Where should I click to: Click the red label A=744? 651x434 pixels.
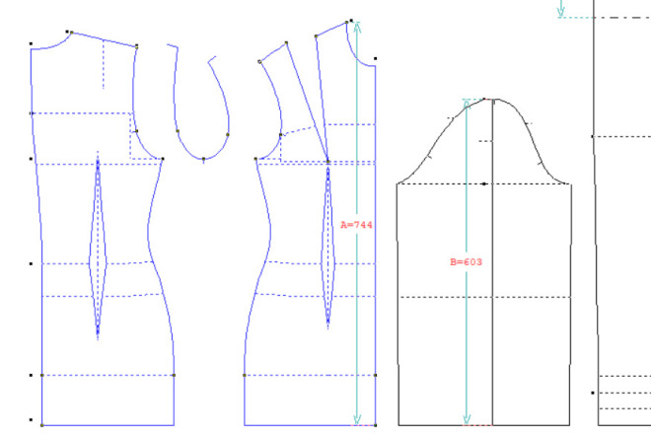(356, 225)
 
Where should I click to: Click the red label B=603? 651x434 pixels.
(466, 262)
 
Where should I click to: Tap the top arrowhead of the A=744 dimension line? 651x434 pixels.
(357, 27)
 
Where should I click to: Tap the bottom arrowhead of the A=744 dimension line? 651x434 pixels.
(357, 419)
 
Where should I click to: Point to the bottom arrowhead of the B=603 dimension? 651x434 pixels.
(467, 419)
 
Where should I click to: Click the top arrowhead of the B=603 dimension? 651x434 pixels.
(467, 105)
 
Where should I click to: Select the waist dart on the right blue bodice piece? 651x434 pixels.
(328, 245)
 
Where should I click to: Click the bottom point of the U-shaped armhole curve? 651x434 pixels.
(203, 159)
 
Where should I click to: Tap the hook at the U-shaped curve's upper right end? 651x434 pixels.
(211, 60)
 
